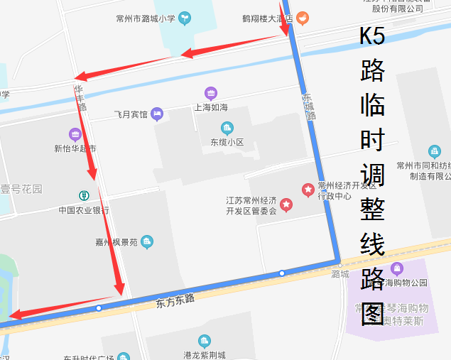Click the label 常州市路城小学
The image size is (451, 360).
(x=146, y=18)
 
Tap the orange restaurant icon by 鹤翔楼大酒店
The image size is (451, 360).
(x=303, y=18)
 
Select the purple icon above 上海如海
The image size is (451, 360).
(x=211, y=93)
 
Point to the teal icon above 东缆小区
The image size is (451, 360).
(x=227, y=129)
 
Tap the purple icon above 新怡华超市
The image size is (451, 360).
(x=75, y=134)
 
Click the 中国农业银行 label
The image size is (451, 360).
(x=84, y=210)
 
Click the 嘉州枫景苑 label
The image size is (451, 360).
(x=116, y=242)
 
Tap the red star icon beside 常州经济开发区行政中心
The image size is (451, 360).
(x=308, y=190)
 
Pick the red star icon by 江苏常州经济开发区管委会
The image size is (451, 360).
(x=286, y=205)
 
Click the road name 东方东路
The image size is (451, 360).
(x=175, y=301)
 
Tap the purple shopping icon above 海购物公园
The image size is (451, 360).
(x=396, y=268)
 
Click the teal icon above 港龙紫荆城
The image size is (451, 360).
(x=205, y=342)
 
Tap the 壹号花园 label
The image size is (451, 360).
(x=21, y=190)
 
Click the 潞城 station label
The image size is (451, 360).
(x=340, y=274)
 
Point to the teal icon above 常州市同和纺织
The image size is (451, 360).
(x=434, y=151)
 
